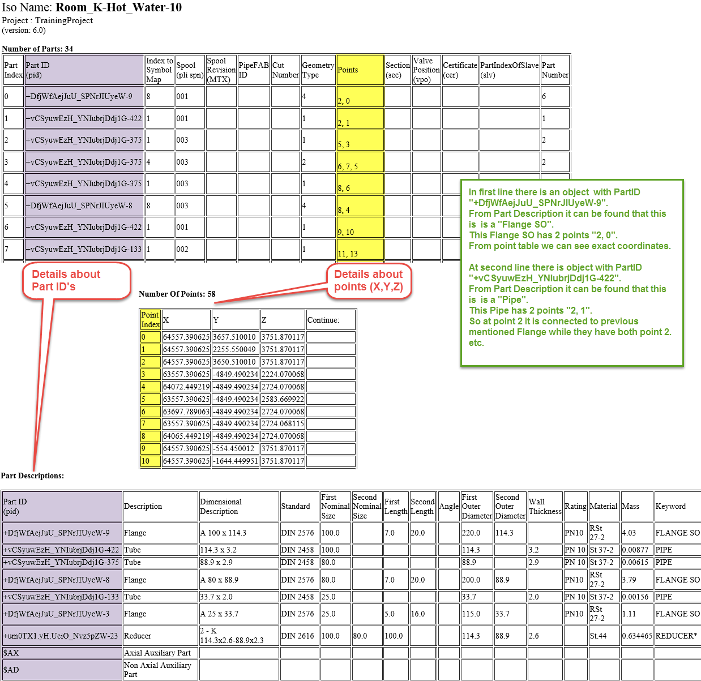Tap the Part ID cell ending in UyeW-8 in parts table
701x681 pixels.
[84, 205]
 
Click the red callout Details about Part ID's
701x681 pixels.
[76, 280]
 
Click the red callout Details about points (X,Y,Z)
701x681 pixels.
[369, 280]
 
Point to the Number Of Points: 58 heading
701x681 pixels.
[177, 294]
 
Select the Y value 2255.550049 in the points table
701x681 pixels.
[234, 349]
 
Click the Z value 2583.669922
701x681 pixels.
[283, 399]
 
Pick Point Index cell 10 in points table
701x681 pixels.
[150, 461]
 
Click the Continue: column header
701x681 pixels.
[331, 320]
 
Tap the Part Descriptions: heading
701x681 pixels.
[32, 476]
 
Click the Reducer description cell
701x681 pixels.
[160, 636]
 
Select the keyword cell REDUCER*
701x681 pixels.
[676, 636]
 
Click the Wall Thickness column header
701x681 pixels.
[545, 506]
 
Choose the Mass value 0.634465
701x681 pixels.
[637, 636]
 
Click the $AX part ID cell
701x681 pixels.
[61, 653]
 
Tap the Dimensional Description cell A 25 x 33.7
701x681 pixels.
[239, 614]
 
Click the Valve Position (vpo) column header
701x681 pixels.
[426, 70]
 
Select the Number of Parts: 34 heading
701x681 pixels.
[37, 49]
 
